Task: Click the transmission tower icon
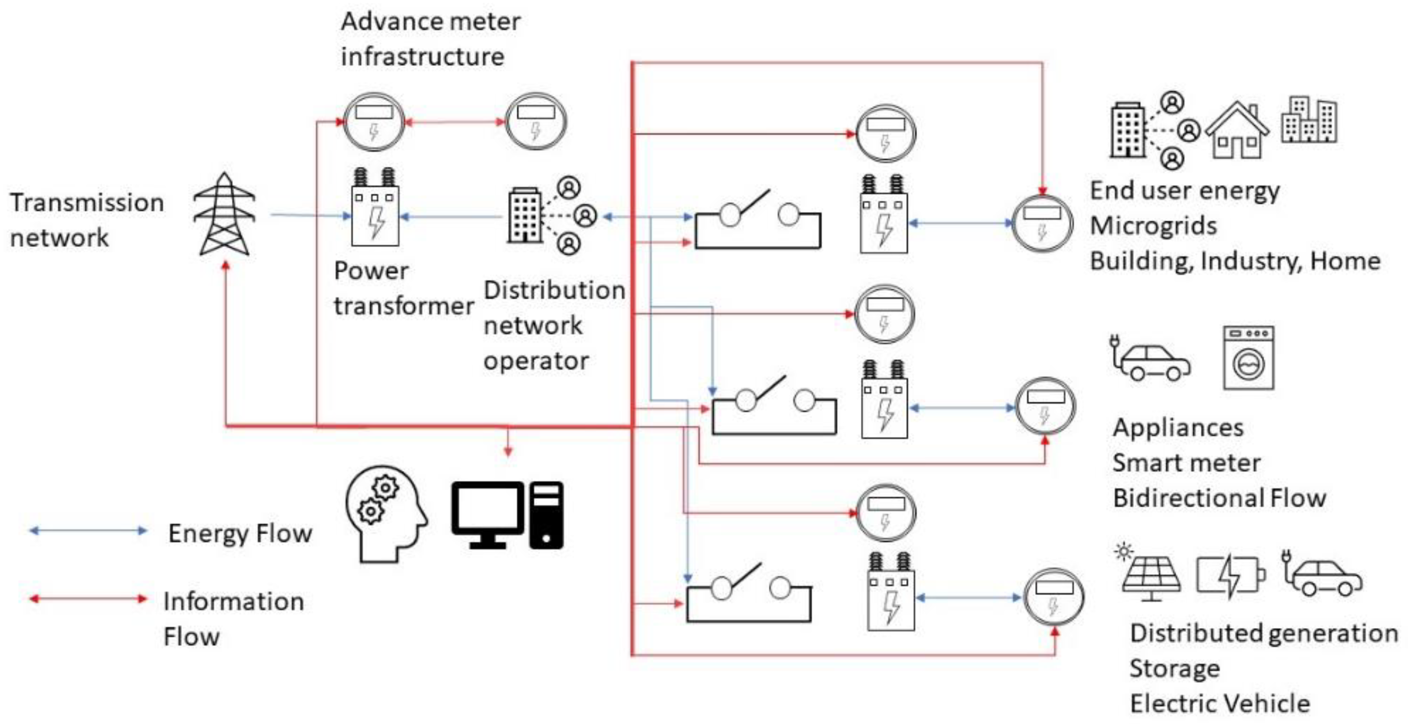coord(225,215)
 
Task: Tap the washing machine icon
coord(1249,358)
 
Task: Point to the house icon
coord(1238,131)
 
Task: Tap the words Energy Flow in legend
coord(240,533)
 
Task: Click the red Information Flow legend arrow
coord(88,599)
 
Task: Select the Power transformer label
coord(402,288)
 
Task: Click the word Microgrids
coord(1153,226)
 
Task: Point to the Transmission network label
coord(86,220)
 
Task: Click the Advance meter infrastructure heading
coord(430,39)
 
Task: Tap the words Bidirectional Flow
coord(1219,498)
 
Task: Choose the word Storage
coord(1175,668)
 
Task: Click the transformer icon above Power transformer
coord(375,209)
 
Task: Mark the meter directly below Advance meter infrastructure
coord(374,121)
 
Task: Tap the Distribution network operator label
coord(553,325)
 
